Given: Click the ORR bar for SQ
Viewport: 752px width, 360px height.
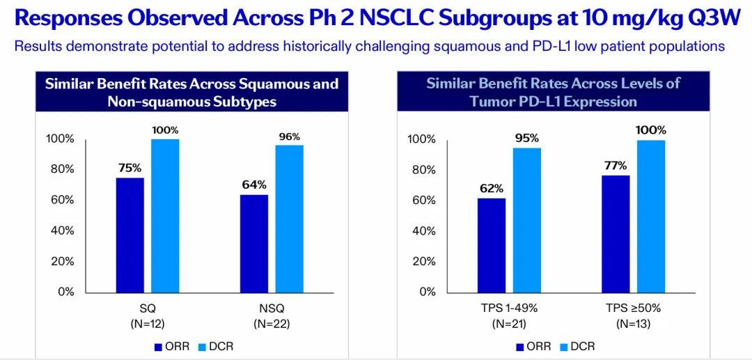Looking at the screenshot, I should point(130,235).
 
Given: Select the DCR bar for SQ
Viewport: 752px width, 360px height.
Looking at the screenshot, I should point(165,215).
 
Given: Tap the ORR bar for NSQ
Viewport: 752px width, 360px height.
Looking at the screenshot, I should point(254,243).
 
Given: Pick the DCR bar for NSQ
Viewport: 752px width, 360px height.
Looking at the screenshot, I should point(289,218).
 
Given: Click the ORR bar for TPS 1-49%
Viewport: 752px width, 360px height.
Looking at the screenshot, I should point(492,244).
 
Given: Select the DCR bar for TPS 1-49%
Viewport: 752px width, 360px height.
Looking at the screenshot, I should point(526,219).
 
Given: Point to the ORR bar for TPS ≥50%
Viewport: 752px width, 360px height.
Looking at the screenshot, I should point(616,233).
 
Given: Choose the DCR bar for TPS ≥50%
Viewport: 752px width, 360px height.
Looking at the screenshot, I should point(650,216).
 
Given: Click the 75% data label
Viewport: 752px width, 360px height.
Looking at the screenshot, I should point(130,168).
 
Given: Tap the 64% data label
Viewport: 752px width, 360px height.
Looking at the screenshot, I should point(254,185).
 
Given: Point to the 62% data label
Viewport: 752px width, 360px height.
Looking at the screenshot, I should point(491,188).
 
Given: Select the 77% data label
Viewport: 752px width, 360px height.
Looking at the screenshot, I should point(616,166).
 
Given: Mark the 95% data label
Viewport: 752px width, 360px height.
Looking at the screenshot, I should point(526,138).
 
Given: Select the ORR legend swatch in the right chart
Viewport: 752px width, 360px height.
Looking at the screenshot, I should point(520,346).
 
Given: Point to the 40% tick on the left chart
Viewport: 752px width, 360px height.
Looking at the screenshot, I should point(61,230).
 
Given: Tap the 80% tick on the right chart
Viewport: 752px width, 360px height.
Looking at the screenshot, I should point(422,170).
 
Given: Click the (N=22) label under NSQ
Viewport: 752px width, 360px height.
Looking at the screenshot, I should point(272,323).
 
